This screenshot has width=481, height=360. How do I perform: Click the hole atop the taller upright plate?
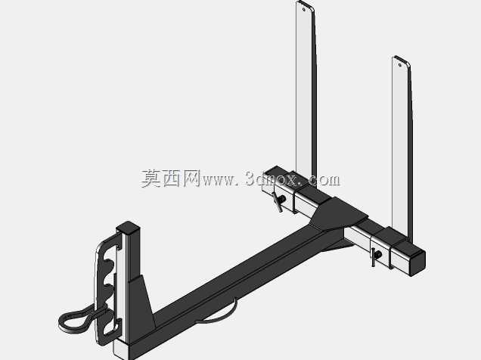[x=304, y=10]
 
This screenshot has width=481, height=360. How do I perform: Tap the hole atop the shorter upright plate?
[x=400, y=65]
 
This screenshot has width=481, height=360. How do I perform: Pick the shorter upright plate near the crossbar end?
[x=402, y=147]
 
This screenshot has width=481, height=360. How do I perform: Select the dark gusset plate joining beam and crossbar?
[x=338, y=214]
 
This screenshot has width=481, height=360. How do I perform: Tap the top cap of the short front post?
[x=128, y=227]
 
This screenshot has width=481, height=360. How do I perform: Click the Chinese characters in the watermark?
[x=171, y=178]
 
